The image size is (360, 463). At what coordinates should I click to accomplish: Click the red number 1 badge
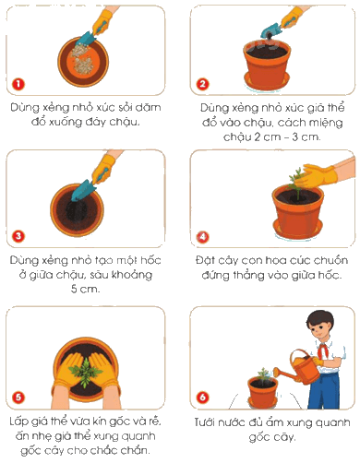(x=18, y=84)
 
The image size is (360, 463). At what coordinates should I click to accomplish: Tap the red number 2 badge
(x=202, y=84)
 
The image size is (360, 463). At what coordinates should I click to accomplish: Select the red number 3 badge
(x=18, y=236)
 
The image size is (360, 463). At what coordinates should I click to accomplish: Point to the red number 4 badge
(x=202, y=237)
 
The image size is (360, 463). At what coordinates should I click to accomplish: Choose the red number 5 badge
(x=18, y=397)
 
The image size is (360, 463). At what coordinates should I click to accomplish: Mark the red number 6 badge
(x=202, y=397)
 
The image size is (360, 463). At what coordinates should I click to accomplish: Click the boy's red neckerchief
(x=323, y=351)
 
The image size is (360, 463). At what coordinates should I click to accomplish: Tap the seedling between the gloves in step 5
(x=85, y=372)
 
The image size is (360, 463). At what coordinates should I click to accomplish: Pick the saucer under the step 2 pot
(x=267, y=81)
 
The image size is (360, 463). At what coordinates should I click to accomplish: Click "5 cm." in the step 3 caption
(x=85, y=289)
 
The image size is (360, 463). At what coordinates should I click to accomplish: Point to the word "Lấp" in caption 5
(x=19, y=421)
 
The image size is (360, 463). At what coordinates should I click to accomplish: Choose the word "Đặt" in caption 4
(x=204, y=261)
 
